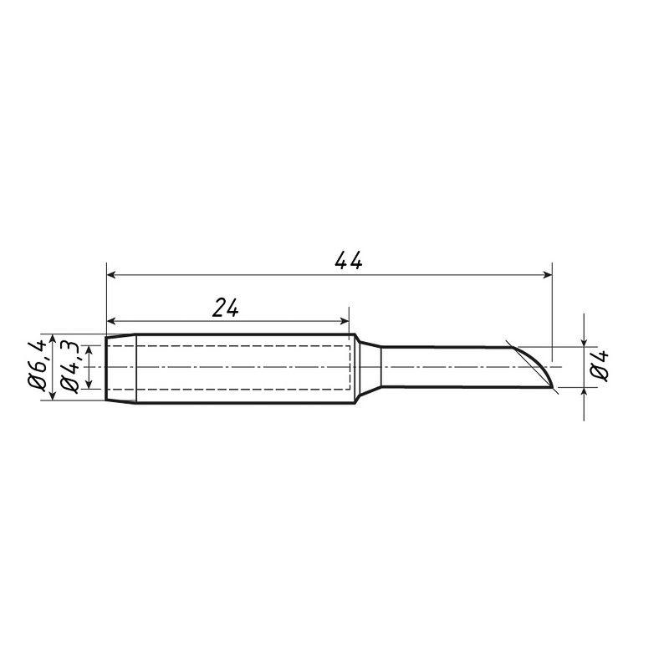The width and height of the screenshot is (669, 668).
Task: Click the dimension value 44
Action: tap(349, 261)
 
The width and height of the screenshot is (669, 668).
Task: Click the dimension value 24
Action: tap(225, 308)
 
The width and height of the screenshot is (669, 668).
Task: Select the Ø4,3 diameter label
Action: tap(69, 366)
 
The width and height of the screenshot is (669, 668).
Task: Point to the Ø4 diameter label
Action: tap(599, 365)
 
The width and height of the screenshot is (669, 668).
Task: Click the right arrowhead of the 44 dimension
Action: tap(548, 275)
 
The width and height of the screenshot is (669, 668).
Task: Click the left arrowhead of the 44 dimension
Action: tap(111, 275)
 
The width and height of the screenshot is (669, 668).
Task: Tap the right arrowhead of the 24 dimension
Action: tap(344, 321)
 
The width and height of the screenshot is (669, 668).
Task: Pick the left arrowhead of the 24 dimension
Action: tap(111, 321)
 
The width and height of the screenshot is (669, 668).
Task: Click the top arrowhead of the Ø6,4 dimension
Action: tap(53, 339)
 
